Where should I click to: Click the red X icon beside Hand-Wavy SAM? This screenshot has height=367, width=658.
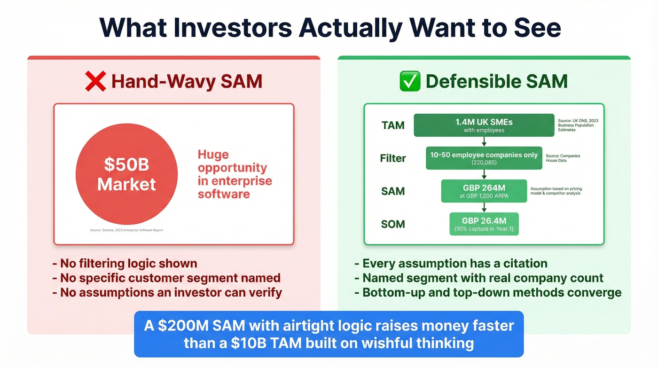tap(95, 81)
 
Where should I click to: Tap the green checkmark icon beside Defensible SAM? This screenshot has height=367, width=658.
tap(410, 81)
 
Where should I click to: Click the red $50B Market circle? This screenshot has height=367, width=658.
tap(126, 174)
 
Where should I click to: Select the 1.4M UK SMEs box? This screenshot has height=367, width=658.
tap(484, 125)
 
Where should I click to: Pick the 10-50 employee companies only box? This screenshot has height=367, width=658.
tap(484, 158)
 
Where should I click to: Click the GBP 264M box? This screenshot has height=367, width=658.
tap(484, 191)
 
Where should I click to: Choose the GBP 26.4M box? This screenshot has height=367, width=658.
tap(484, 224)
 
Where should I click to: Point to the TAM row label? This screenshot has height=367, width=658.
tap(393, 125)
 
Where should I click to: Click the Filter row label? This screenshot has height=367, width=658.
tap(393, 158)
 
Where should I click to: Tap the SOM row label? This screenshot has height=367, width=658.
tap(393, 224)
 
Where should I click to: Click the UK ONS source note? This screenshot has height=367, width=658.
tap(578, 125)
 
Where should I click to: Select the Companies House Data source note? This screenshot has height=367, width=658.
tap(563, 158)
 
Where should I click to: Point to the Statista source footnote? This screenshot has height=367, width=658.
tap(126, 230)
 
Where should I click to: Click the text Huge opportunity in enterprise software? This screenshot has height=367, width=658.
tap(235, 174)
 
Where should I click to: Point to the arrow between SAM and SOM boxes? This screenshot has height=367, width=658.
tap(484, 207)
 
